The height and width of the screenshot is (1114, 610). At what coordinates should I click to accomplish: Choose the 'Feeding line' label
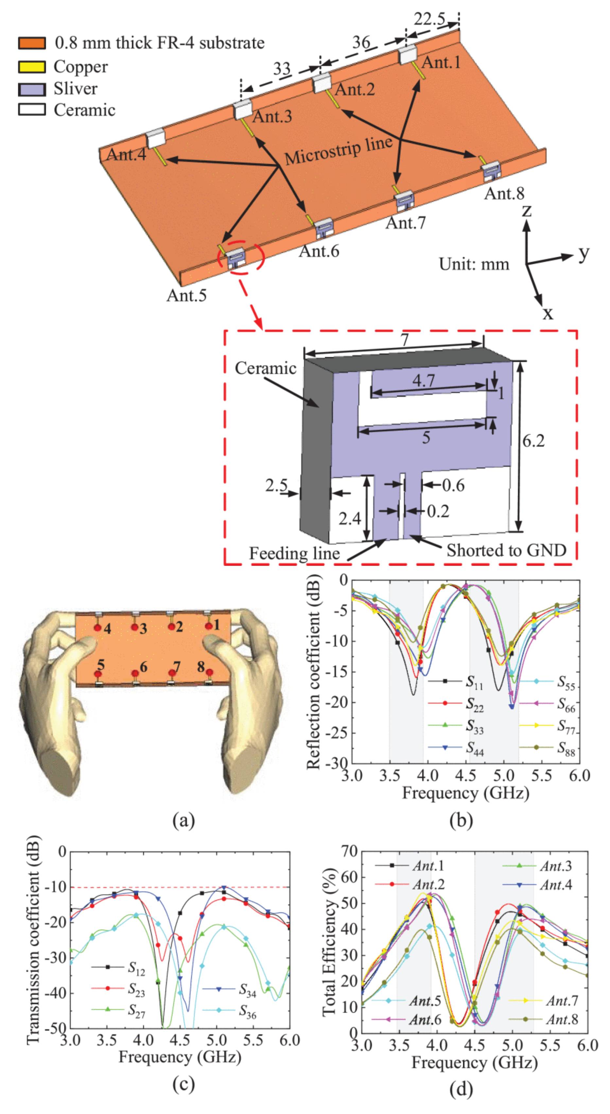coord(294,553)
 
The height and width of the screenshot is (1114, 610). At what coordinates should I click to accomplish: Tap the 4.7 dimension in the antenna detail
coord(423,381)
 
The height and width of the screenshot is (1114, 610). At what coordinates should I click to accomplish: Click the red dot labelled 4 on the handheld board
coord(98,627)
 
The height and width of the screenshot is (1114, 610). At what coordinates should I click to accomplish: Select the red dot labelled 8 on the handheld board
coord(210,672)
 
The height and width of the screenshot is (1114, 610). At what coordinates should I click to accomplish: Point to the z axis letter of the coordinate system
coord(527,210)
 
